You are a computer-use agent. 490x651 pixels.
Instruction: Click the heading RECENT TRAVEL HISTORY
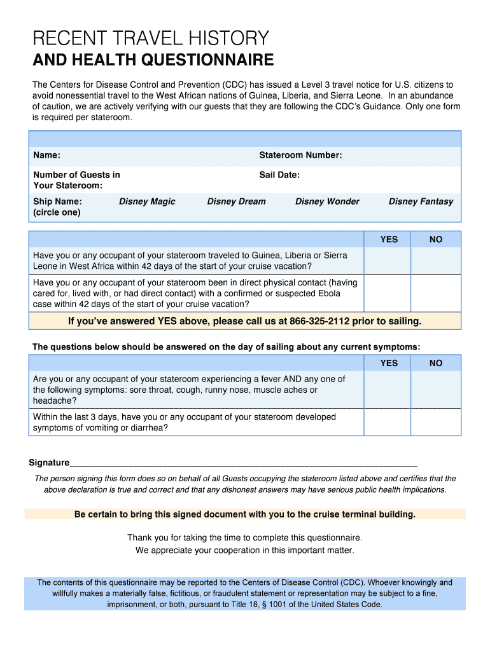click(151, 39)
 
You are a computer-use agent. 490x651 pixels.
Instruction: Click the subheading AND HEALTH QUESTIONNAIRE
click(153, 60)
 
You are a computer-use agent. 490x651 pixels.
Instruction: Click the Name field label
click(46, 156)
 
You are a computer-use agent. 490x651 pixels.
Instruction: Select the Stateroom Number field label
click(300, 156)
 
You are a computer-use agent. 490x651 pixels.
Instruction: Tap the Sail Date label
click(279, 175)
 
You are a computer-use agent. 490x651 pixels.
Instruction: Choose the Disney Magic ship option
click(147, 202)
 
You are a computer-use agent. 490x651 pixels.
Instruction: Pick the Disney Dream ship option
click(236, 202)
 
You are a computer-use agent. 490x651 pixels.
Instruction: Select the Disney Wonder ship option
click(327, 202)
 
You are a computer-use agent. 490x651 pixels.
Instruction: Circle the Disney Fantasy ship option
click(421, 202)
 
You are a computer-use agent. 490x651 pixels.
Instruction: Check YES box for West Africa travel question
click(388, 261)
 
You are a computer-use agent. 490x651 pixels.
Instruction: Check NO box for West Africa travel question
click(436, 261)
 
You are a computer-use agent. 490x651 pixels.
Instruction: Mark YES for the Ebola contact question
click(388, 293)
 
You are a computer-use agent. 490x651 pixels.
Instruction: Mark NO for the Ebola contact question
click(436, 293)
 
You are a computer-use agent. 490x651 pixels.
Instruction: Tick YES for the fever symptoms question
click(388, 390)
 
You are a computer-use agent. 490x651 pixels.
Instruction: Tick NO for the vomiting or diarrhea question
click(436, 422)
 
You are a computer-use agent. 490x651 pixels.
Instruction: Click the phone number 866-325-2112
click(319, 321)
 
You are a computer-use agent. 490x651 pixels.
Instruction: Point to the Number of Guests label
click(76, 180)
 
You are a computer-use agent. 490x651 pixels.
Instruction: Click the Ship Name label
click(57, 202)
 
